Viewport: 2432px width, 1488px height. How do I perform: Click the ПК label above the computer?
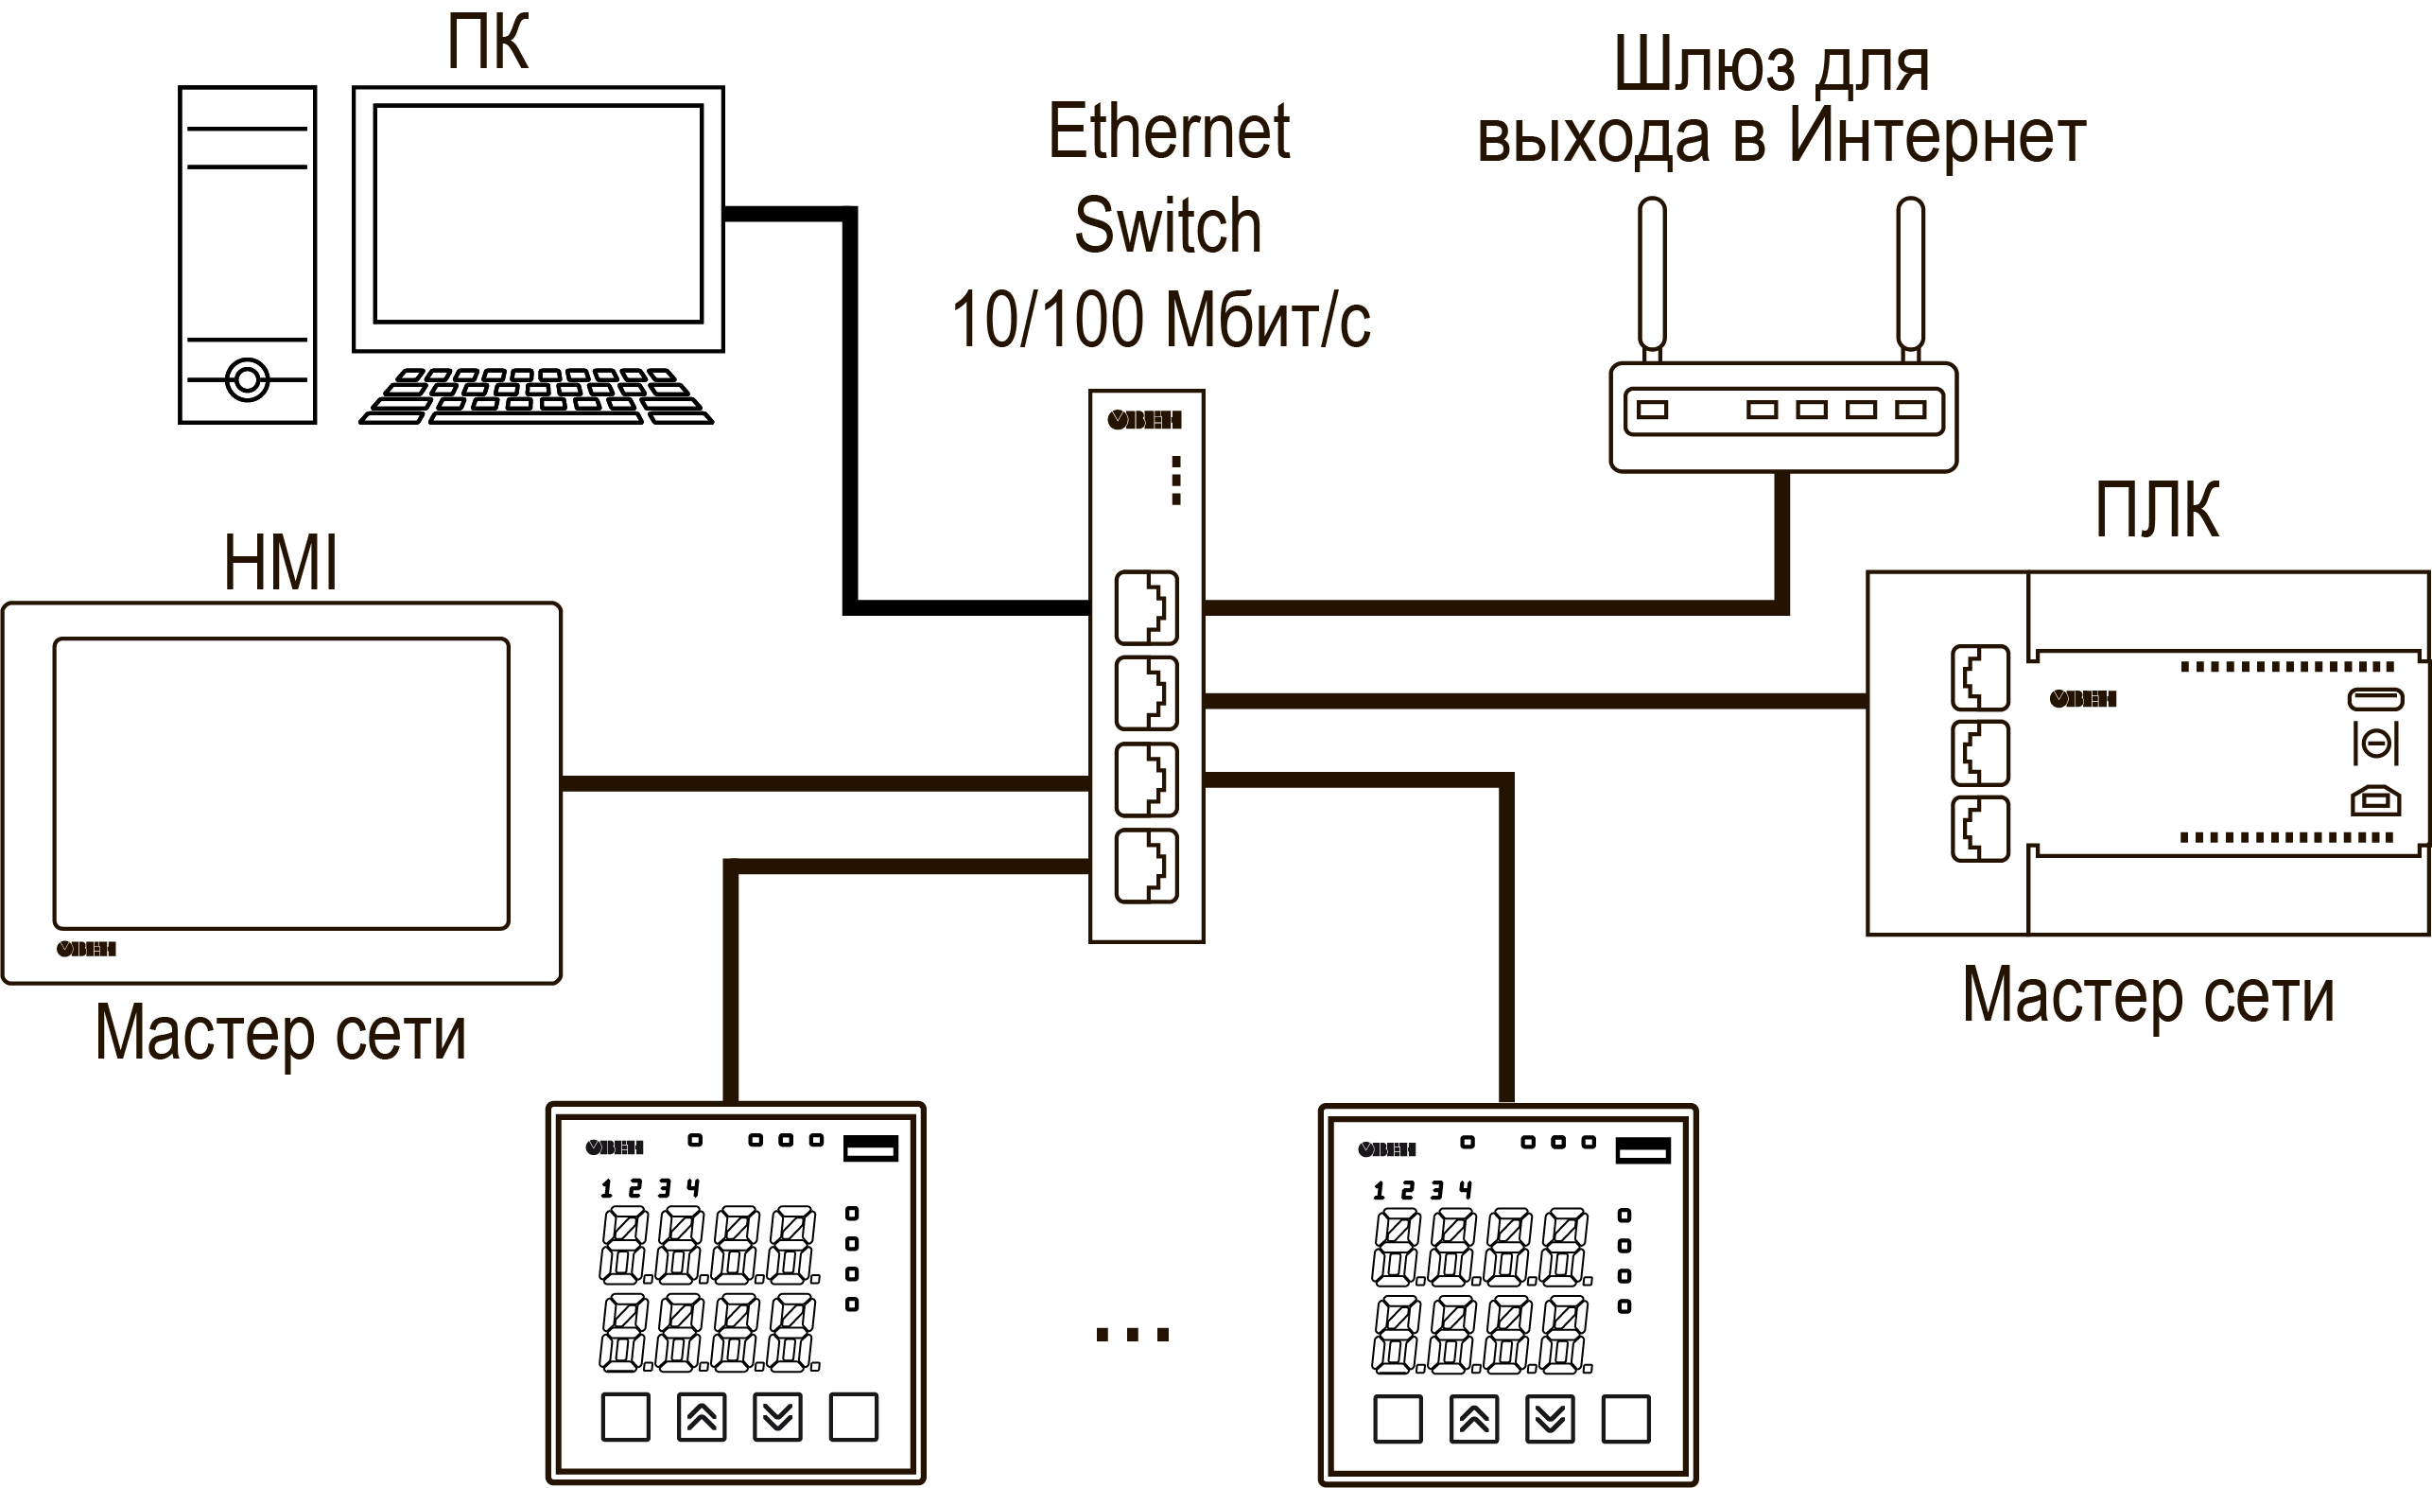click(x=488, y=43)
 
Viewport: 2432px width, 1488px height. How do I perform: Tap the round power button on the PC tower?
click(x=247, y=379)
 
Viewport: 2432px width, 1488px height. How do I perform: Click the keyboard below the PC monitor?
click(x=536, y=396)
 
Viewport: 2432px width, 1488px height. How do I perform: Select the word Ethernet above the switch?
click(x=1169, y=131)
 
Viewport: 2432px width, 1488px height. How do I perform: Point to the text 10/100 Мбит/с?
click(x=1161, y=320)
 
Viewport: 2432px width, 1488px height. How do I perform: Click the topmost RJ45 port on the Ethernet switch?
click(x=1147, y=607)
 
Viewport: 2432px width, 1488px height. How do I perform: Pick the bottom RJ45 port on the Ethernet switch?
click(x=1147, y=867)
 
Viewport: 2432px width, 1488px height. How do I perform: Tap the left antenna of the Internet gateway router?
click(x=1652, y=279)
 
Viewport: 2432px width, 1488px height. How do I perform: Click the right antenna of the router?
click(x=1911, y=279)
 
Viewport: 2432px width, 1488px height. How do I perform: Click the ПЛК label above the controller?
click(x=2158, y=510)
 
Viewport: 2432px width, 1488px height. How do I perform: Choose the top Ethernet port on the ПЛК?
click(x=1980, y=677)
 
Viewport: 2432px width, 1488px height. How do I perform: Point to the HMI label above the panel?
click(x=281, y=563)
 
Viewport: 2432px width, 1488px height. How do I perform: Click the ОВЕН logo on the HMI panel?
click(x=86, y=949)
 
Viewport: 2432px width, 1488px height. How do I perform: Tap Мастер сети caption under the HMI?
click(x=280, y=1034)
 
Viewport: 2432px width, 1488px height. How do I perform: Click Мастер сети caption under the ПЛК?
click(x=2148, y=995)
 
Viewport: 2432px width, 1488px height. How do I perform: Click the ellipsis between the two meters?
click(x=1132, y=1335)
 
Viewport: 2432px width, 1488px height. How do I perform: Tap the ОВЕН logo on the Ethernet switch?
click(x=1145, y=421)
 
